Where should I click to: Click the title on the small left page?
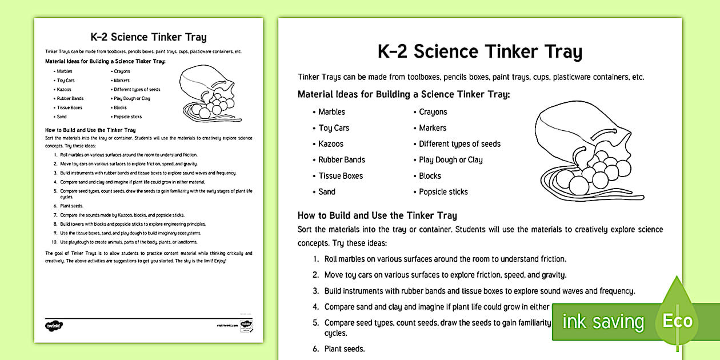click(x=149, y=38)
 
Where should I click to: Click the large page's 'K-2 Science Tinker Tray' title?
click(x=479, y=52)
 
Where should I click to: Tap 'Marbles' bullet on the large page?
click(x=331, y=112)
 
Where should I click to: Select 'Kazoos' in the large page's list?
click(x=331, y=144)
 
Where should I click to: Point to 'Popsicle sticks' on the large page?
click(x=443, y=192)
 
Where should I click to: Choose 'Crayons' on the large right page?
click(x=433, y=112)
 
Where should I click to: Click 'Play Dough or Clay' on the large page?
click(x=450, y=160)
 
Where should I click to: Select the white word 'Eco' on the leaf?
click(x=678, y=321)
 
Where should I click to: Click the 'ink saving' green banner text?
click(x=602, y=322)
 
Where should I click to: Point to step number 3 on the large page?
click(x=315, y=291)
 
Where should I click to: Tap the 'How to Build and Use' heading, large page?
click(x=377, y=215)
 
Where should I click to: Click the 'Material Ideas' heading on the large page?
click(x=403, y=94)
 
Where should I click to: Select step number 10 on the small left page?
click(x=54, y=242)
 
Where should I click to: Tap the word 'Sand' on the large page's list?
click(x=327, y=192)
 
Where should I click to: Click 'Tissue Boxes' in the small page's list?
click(x=69, y=107)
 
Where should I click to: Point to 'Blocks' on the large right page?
click(x=430, y=176)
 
